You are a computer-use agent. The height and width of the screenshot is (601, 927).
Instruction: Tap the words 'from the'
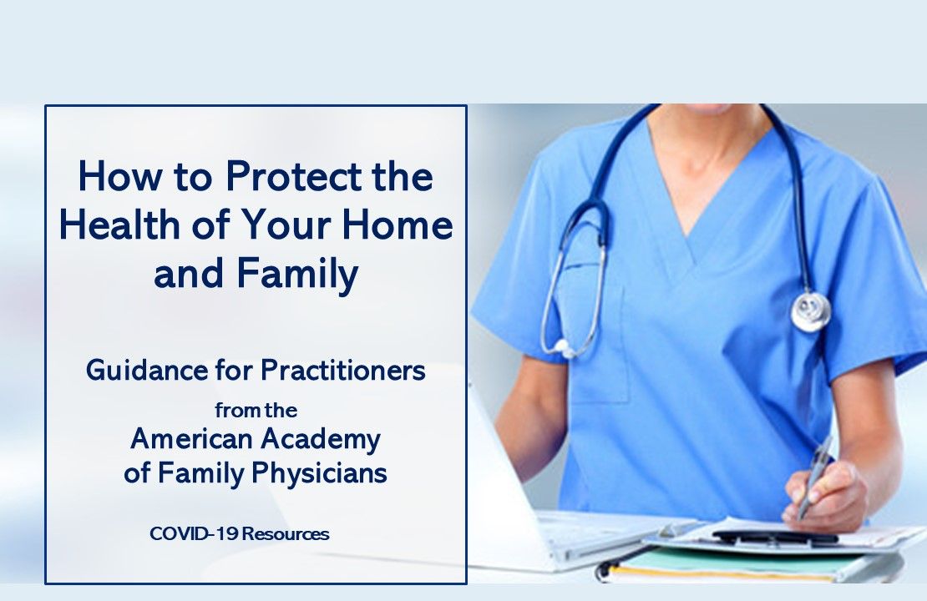(x=256, y=410)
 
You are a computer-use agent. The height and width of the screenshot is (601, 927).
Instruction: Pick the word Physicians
(x=317, y=473)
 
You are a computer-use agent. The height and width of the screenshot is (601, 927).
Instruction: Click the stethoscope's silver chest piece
(x=810, y=310)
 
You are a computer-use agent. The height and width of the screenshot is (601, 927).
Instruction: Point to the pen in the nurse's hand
(x=814, y=476)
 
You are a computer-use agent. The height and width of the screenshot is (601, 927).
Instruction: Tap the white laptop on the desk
(x=534, y=501)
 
